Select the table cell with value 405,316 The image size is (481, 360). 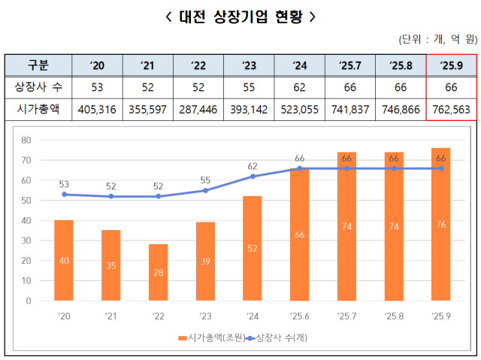tap(97, 110)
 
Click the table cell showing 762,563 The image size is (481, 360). tap(452, 110)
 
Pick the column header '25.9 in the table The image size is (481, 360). tap(452, 65)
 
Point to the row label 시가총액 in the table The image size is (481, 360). tap(38, 110)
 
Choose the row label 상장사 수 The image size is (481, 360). tap(38, 87)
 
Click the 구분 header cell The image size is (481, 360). tap(38, 65)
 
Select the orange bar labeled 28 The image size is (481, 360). tap(158, 272)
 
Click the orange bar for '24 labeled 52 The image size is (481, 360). tap(253, 248)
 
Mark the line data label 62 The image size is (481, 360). tap(253, 166)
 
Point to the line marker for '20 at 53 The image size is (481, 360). tap(64, 194)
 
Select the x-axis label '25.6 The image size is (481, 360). tap(300, 316)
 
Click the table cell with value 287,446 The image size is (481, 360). tap(198, 110)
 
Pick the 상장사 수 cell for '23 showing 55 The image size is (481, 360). tap(250, 87)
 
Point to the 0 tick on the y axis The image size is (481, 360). tap(28, 301)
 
